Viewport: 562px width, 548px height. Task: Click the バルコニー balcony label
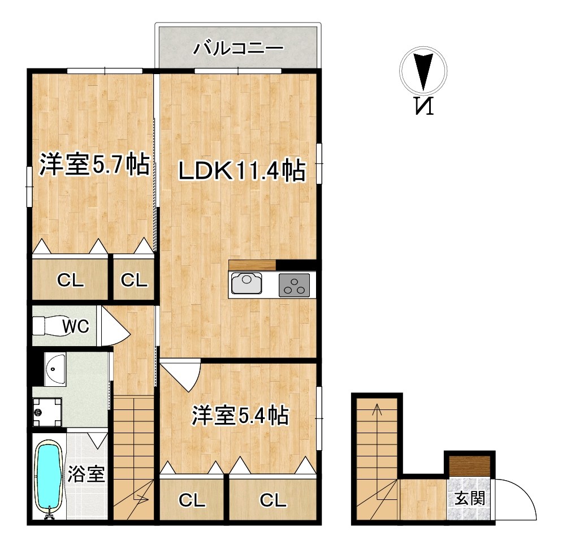[x=239, y=49]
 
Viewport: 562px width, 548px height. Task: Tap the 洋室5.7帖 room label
[x=94, y=165]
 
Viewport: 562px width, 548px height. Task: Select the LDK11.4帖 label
[x=242, y=171]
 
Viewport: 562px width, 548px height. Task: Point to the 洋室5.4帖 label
[x=240, y=416]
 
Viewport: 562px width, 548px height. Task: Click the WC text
[x=76, y=326]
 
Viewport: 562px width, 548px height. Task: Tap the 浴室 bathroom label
[x=86, y=474]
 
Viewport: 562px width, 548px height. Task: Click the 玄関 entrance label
[x=470, y=498]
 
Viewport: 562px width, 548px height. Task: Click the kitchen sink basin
[x=247, y=283]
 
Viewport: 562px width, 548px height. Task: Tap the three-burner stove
[x=294, y=285]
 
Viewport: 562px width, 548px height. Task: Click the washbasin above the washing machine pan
[x=55, y=369]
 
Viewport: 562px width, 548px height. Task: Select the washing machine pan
[x=47, y=412]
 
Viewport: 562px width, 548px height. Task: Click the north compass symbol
[x=423, y=70]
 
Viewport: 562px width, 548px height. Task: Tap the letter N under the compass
[x=424, y=106]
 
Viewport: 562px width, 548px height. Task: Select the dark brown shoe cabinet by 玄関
[x=469, y=467]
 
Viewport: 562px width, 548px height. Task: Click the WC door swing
[x=114, y=326]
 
